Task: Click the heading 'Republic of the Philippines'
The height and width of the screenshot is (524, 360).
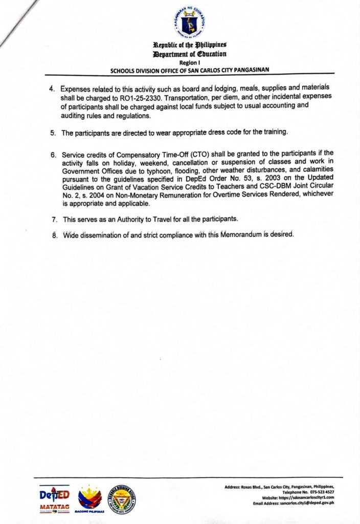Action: pos(189,46)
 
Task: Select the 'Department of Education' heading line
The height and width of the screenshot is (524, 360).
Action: pos(189,54)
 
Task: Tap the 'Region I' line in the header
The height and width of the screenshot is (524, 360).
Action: pos(189,61)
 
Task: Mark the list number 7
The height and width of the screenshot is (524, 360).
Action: pos(53,219)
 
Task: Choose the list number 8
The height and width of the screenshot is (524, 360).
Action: pos(53,235)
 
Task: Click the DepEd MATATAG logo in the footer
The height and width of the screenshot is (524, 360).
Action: pos(54,499)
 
